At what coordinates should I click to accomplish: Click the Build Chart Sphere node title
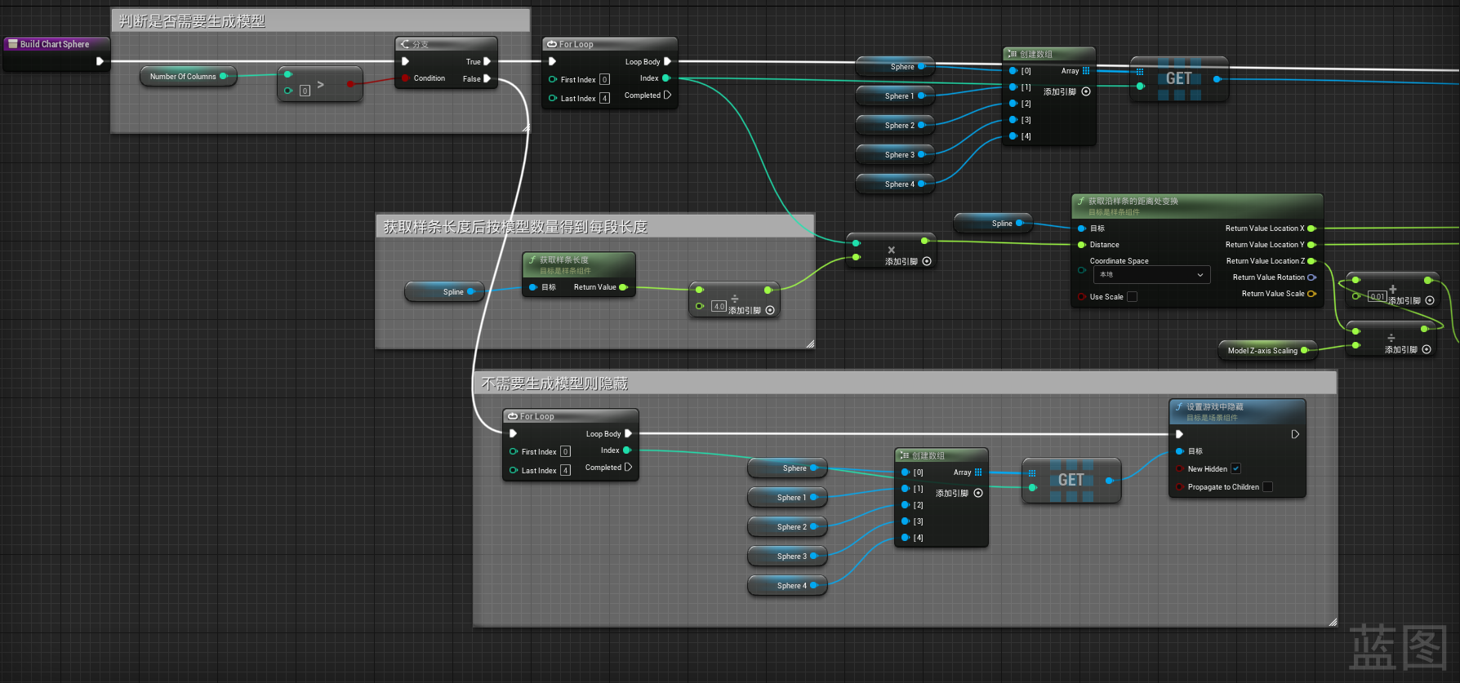[x=54, y=44]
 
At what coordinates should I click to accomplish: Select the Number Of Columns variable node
[x=183, y=77]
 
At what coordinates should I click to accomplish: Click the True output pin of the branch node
[x=487, y=61]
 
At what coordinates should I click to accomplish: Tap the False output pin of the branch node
[x=487, y=79]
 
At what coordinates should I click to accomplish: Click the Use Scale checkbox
[x=1132, y=297]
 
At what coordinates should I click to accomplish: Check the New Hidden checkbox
[x=1235, y=468]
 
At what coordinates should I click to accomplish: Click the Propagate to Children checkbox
[x=1267, y=487]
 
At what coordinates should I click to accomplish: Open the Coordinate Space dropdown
[x=1151, y=275]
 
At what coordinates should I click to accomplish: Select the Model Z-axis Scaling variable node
[x=1262, y=351]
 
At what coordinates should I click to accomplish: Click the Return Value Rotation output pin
[x=1311, y=277]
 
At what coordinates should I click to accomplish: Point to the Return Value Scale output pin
[x=1311, y=294]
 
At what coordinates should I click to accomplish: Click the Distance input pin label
[x=1104, y=245]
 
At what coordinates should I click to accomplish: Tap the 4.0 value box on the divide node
[x=719, y=307]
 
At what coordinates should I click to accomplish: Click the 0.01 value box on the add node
[x=1378, y=296]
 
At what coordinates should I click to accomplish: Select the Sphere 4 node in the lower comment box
[x=787, y=586]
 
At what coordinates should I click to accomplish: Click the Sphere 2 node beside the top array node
[x=895, y=126]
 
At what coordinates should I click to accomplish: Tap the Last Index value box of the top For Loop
[x=604, y=99]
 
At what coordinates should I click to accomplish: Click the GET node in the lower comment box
[x=1071, y=480]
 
